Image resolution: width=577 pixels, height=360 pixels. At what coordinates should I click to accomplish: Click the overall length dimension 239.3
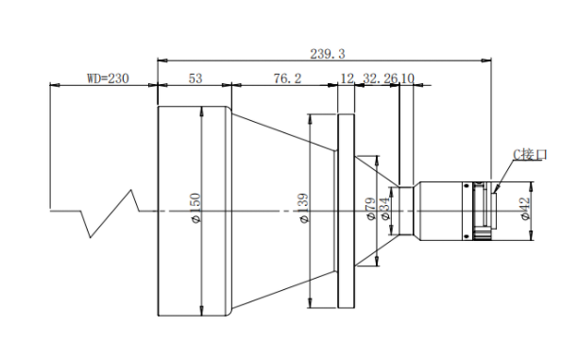(x=327, y=54)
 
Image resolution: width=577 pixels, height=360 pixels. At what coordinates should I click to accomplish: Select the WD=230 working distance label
(x=108, y=78)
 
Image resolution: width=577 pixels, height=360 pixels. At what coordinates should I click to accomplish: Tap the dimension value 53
(x=195, y=78)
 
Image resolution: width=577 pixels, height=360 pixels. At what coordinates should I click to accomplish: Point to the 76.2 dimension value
(x=287, y=78)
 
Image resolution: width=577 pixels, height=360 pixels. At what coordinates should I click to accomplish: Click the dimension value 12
(x=347, y=78)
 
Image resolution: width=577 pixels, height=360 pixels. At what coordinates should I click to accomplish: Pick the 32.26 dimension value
(x=381, y=78)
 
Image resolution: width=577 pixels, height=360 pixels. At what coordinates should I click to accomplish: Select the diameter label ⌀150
(x=195, y=208)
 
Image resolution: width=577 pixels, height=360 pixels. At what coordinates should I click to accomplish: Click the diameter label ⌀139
(x=303, y=208)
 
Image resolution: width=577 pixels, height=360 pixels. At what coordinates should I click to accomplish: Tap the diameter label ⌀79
(x=371, y=209)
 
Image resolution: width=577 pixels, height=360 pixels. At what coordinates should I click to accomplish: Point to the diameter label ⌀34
(x=384, y=209)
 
